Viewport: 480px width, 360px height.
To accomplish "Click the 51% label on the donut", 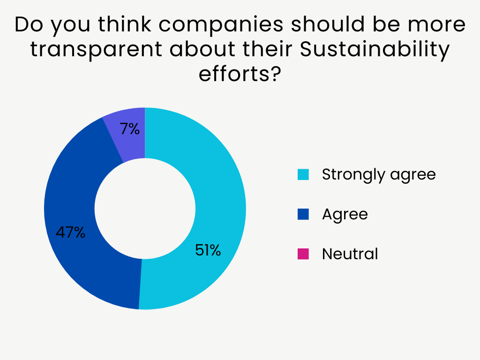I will (208, 251).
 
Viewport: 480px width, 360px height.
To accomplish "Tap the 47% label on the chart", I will (70, 232).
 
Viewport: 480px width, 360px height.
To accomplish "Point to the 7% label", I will (130, 129).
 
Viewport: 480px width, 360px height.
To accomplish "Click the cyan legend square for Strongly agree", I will (303, 175).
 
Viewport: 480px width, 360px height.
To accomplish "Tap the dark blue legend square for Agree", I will (303, 214).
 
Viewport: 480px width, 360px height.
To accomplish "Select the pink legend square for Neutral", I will (303, 254).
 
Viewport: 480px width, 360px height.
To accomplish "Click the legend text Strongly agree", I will (379, 175).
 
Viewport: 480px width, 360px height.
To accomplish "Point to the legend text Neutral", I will (350, 254).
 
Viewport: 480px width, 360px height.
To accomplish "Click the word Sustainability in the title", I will (374, 49).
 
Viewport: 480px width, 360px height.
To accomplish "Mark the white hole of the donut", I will (145, 209).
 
